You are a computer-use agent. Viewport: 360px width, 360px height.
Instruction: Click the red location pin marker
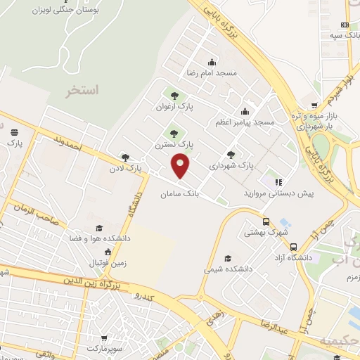181,166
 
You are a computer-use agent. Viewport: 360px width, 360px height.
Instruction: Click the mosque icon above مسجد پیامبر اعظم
245,110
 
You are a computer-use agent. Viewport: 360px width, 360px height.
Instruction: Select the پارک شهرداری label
231,166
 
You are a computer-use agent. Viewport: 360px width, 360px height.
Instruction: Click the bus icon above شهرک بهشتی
265,221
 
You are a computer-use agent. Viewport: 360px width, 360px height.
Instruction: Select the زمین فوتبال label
106,263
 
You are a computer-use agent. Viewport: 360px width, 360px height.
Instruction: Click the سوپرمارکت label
105,348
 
